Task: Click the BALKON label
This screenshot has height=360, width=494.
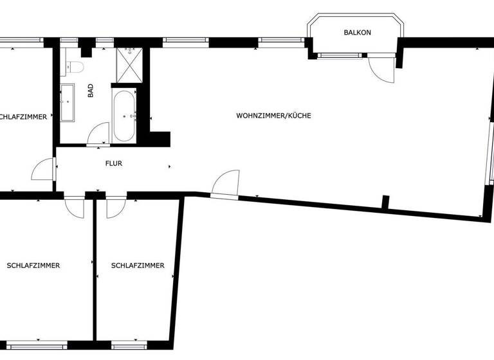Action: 357,32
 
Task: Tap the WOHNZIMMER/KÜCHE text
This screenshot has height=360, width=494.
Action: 273,116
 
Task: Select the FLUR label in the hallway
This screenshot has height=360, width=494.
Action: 113,163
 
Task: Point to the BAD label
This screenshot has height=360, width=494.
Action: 91,91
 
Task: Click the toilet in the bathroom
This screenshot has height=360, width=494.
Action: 73,66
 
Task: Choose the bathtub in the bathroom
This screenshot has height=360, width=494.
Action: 123,116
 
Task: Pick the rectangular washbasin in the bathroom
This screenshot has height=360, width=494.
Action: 68,102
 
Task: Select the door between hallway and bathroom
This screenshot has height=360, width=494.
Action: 98,134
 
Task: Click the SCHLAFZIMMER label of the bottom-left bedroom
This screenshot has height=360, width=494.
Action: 33,265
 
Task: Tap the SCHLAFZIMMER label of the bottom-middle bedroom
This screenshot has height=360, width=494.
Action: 137,265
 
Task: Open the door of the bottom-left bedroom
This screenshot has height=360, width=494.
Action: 75,206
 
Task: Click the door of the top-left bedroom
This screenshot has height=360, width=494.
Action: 44,170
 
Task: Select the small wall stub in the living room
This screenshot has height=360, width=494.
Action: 385,203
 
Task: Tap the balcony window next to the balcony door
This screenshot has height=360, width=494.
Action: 340,56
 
